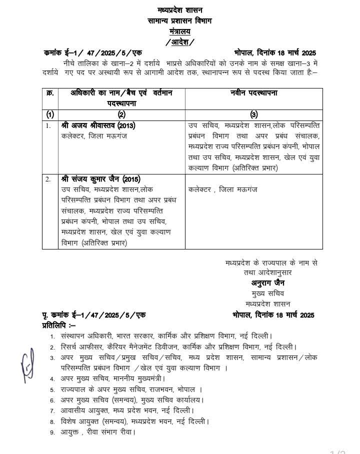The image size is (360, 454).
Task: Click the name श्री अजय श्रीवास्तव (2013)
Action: click(98, 125)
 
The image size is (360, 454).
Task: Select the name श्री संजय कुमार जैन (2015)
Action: click(100, 179)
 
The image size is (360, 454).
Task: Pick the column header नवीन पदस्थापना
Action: click(254, 93)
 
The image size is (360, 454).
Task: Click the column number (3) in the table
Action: click(253, 114)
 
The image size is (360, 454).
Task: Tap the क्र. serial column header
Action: click(50, 93)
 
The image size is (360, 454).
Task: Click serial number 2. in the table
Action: click(48, 179)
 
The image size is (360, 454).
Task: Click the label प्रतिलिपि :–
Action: click(58, 325)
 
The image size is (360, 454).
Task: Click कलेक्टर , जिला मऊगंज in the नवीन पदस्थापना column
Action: click(222, 189)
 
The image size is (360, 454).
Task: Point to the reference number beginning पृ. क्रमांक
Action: click(93, 315)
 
